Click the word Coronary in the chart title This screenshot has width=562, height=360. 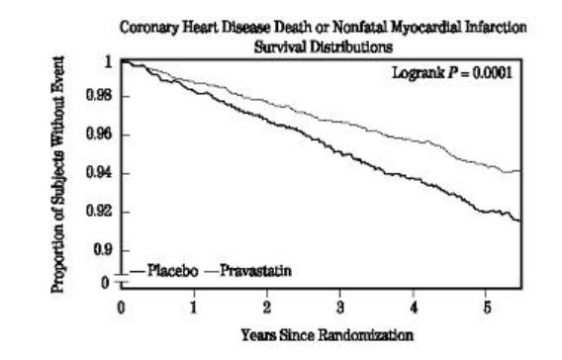(x=146, y=26)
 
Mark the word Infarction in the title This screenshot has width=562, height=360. (x=496, y=26)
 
